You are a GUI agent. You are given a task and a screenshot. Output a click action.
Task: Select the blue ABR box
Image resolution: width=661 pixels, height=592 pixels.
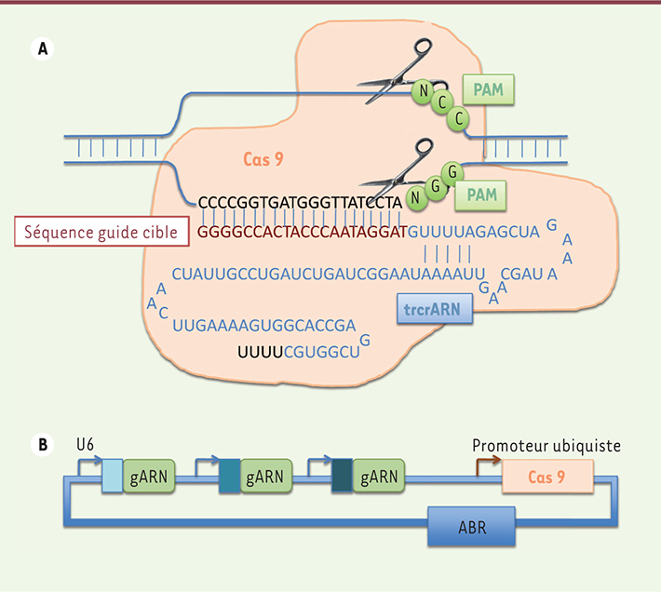(472, 528)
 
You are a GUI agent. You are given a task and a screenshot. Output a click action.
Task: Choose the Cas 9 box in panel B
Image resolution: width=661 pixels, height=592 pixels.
(546, 477)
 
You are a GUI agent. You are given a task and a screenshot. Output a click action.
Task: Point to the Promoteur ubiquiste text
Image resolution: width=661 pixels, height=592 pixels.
(546, 445)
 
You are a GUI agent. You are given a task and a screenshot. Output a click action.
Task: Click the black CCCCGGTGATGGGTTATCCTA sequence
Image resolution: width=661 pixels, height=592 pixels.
(299, 201)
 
